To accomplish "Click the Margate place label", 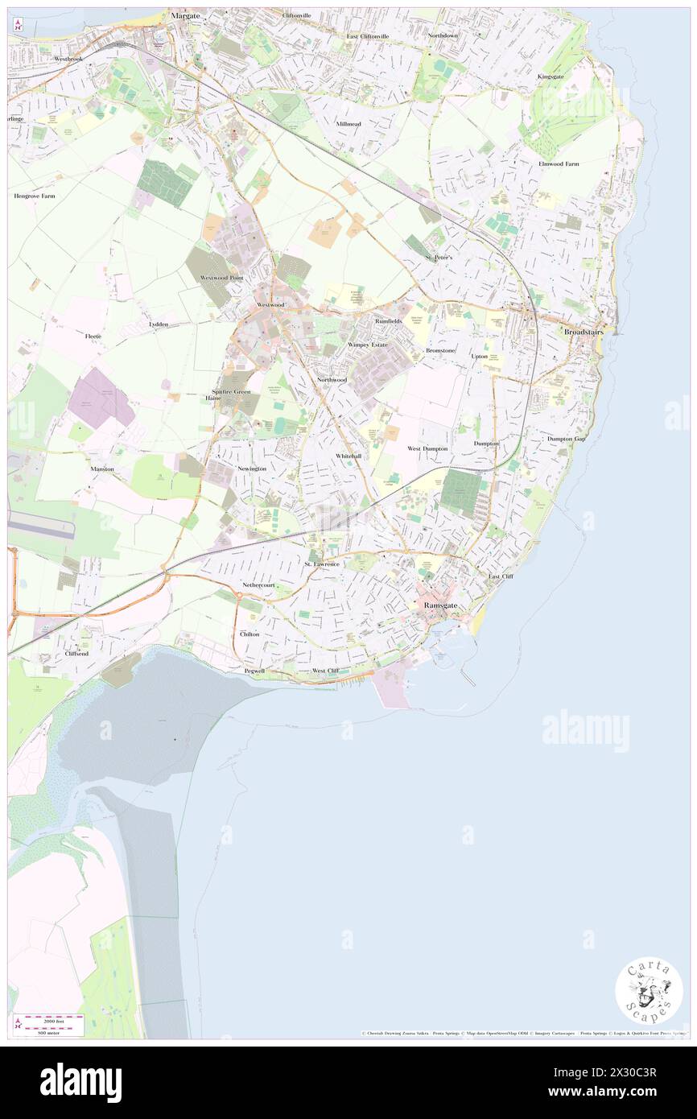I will point(184,15).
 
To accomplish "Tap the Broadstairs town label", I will point(584,332).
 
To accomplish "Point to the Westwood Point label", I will point(221,278).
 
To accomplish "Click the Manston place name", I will point(102,469).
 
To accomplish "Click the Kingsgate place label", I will point(551,76).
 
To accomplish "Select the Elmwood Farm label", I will point(559,164).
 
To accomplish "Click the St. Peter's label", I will point(439,257).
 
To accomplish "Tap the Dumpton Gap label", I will point(567,439).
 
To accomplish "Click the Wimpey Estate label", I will point(367,345).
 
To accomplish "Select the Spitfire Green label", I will point(232,392).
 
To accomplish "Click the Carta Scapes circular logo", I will point(649,990).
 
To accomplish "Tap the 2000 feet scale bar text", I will point(48,1019).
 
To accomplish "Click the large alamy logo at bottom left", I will point(80,1082).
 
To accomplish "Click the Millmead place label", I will point(348,124).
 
